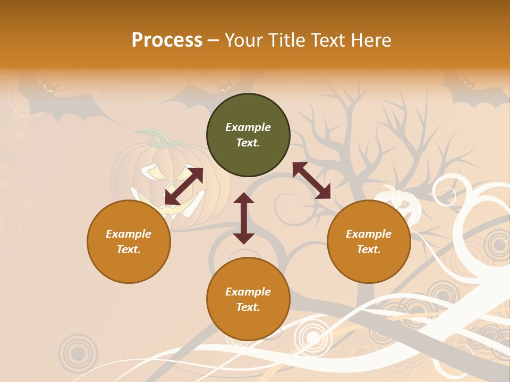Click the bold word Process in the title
167,40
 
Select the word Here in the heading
371,40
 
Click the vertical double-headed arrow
244,218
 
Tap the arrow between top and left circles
184,186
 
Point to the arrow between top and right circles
311,180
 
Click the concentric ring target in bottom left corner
78,353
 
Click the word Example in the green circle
248,127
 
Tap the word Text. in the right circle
369,249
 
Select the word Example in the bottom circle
248,292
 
